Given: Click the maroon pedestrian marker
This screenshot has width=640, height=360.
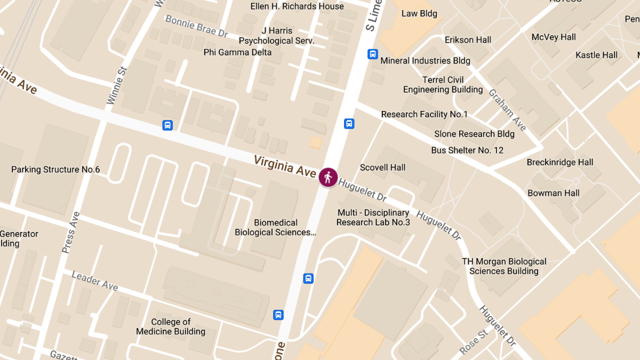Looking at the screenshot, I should pos(328,177).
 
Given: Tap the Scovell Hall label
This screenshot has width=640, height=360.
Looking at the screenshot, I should pos(382,167).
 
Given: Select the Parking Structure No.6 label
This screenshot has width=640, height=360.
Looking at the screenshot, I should pos(55,170).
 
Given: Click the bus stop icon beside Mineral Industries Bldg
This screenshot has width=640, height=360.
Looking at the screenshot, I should pos(372,54).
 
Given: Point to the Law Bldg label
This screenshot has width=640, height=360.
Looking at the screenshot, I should pos(419,13).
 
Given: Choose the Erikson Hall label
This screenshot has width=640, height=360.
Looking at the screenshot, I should pos(468,40).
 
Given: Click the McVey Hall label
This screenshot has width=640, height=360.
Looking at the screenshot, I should pos(554,37).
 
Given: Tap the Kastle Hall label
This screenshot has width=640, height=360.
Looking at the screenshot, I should pos(596,55).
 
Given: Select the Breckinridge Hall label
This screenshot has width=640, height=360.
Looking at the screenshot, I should pos(560,163).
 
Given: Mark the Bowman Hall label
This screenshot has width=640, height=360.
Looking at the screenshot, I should pos(554,193).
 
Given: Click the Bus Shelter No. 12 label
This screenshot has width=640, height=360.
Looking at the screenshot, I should pos(467,150).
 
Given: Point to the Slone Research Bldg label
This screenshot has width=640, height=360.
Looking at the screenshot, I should pos(474,134).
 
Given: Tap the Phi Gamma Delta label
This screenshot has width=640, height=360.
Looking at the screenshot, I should pos(237,52).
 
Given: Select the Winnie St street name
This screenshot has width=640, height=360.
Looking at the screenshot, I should pos(117,85).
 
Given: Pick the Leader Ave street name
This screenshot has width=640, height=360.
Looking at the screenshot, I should pos(94,281).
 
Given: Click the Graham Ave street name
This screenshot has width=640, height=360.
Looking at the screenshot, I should pos(507,110).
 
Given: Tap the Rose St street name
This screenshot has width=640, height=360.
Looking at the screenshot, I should pos(474,342).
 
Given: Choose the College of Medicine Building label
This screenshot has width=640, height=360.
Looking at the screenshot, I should pos(171,327).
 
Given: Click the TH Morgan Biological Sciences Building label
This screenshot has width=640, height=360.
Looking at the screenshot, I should pos(504,266).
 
